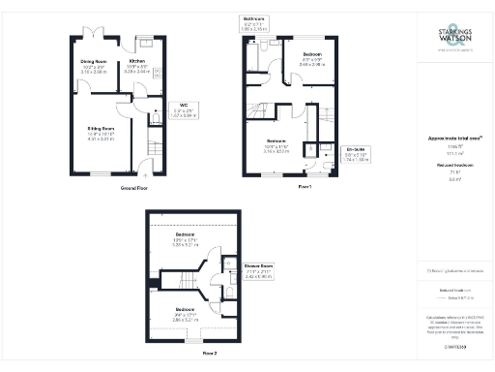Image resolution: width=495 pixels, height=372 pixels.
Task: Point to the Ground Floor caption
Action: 133,186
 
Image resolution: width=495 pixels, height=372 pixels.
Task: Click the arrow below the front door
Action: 150,174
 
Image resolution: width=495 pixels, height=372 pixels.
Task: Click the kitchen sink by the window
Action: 146,43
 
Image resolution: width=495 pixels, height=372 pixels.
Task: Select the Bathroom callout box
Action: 254,22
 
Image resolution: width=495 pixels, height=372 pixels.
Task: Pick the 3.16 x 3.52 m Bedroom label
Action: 276,147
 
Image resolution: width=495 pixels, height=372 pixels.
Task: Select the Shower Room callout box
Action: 255,272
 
